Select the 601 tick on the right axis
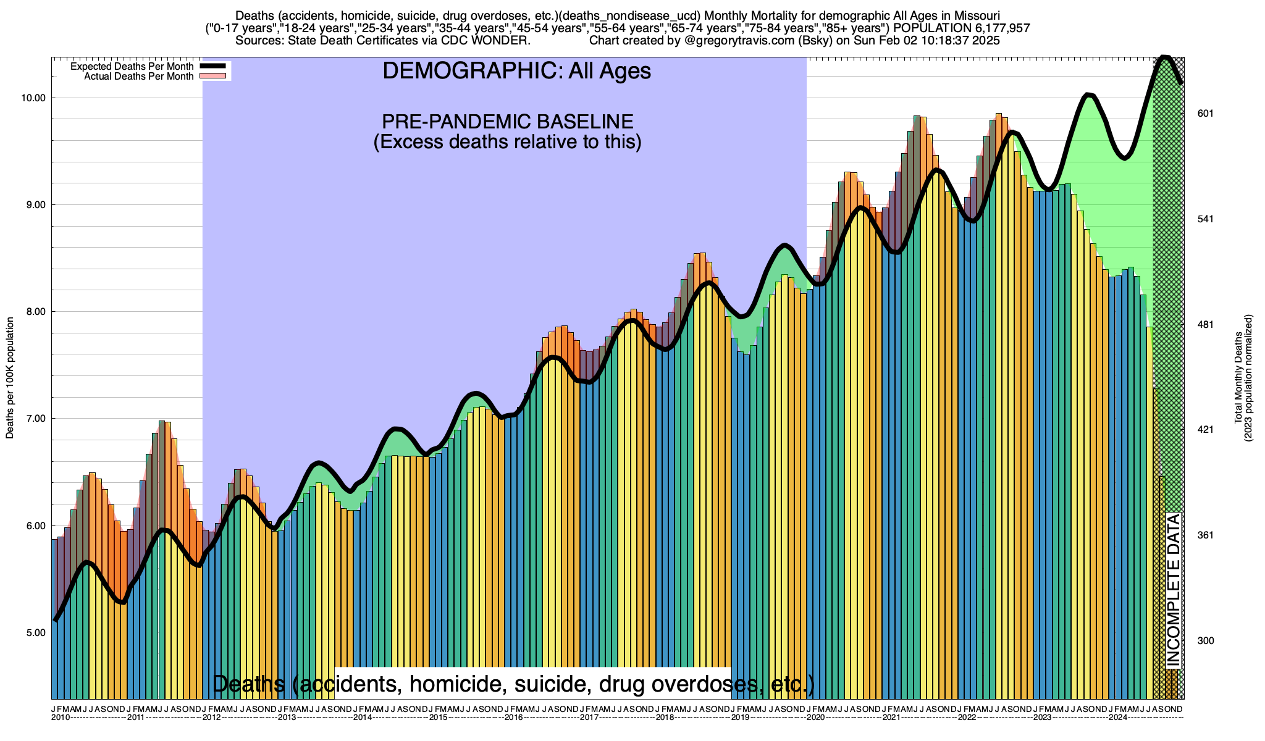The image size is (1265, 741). coord(1206,114)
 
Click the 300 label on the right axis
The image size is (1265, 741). coord(1206,641)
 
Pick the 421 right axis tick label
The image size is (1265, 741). coord(1206,430)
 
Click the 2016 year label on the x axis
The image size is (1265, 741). coord(514,718)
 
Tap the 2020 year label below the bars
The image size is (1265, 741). coord(815,718)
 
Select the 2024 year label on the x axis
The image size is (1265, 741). coord(1118,718)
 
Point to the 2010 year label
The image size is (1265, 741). coord(60,718)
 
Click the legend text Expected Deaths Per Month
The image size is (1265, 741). coord(132,67)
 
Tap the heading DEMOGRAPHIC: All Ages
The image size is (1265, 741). coord(516,71)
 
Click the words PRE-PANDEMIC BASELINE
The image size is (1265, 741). coord(507,121)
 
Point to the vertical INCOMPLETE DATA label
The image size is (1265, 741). coord(1173,590)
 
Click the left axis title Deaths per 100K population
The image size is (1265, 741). coord(10,378)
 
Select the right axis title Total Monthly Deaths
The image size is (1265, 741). coord(1238,378)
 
